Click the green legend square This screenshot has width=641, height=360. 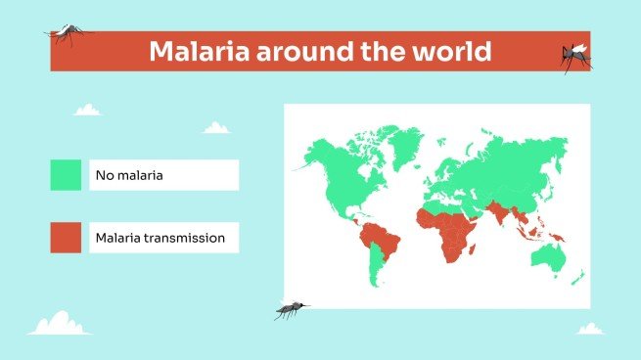pyautogui.click(x=66, y=175)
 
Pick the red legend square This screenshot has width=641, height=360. pyautogui.click(x=66, y=237)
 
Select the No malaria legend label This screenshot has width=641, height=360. pyautogui.click(x=128, y=176)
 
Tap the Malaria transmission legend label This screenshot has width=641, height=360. pyautogui.click(x=160, y=237)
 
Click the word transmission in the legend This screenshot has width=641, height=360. pyautogui.click(x=188, y=237)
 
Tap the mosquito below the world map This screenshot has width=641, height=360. pyautogui.click(x=291, y=310)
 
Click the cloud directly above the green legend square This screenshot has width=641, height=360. pyautogui.click(x=87, y=110)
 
